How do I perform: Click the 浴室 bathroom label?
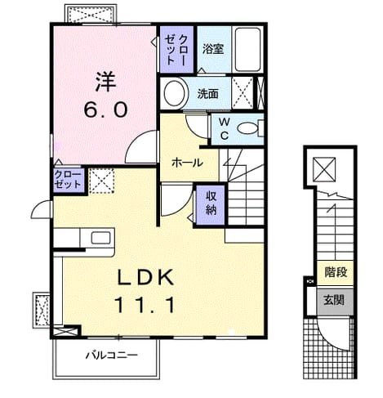coord(213,49)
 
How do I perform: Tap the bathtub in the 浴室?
coord(247,49)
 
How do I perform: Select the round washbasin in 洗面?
coord(174,93)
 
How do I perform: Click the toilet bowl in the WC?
coord(247,128)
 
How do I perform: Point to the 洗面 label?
coord(207,94)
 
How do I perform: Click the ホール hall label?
coord(187,163)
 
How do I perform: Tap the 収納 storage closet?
coord(211,205)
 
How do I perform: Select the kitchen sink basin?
coord(100,238)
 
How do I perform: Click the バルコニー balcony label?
coord(112,355)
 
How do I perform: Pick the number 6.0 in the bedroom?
coord(105,110)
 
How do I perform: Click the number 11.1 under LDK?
coord(145,305)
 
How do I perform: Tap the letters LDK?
coord(145,277)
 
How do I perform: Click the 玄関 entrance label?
coord(334,300)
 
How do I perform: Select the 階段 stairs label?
coord(336,272)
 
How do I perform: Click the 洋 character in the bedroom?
coord(105,81)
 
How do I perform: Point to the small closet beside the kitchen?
coord(68,181)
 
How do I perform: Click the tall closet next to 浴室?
coord(176,49)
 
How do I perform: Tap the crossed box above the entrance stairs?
coord(324,169)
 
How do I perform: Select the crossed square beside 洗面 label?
coord(242,93)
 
